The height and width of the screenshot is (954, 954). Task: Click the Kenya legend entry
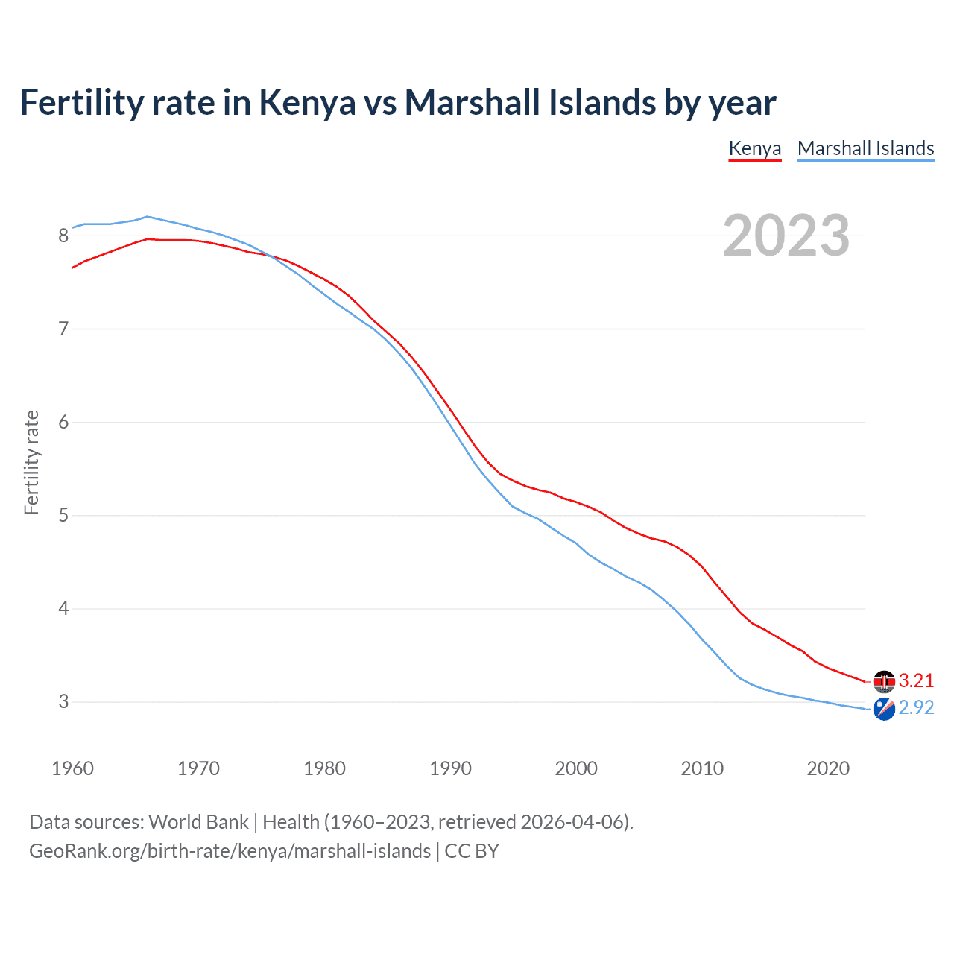click(754, 148)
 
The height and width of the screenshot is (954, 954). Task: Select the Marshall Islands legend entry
click(865, 148)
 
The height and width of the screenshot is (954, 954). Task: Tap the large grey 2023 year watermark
click(786, 236)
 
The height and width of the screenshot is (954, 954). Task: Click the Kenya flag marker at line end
click(884, 681)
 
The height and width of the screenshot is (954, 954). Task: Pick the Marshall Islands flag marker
click(884, 709)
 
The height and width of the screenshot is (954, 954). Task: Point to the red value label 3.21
click(916, 680)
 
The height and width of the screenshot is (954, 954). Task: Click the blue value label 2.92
click(916, 707)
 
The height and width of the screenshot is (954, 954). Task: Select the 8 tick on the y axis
click(63, 236)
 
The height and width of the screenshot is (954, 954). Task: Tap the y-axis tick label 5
click(63, 516)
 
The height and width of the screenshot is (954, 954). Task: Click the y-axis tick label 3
click(63, 702)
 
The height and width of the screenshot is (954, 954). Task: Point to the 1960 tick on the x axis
click(72, 768)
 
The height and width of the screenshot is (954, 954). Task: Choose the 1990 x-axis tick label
click(450, 768)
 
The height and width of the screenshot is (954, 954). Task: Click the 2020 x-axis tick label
click(828, 768)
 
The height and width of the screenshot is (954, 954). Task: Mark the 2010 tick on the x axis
click(702, 768)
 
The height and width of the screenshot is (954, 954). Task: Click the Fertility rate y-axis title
click(31, 462)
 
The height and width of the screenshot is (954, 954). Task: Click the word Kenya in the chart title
click(307, 103)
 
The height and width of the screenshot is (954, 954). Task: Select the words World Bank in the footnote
click(198, 822)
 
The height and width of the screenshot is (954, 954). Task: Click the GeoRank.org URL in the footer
click(230, 851)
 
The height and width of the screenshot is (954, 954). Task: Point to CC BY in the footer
click(472, 851)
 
